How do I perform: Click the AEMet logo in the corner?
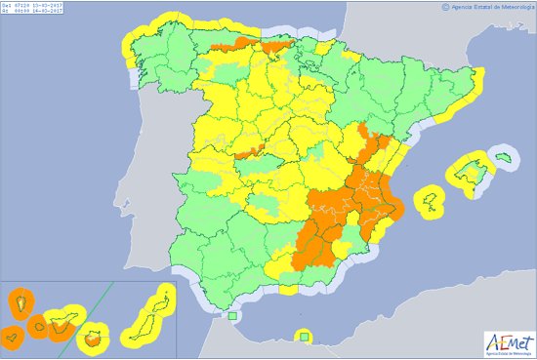click(x=509, y=342)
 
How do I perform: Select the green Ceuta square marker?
click(x=232, y=316)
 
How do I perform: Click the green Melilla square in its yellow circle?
click(x=305, y=338)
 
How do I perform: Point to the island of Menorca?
click(x=504, y=156)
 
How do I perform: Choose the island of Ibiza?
click(x=429, y=201)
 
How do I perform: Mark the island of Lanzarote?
click(x=161, y=297)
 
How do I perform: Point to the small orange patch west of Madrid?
click(x=248, y=152)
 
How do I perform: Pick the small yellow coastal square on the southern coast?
click(x=288, y=289)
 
